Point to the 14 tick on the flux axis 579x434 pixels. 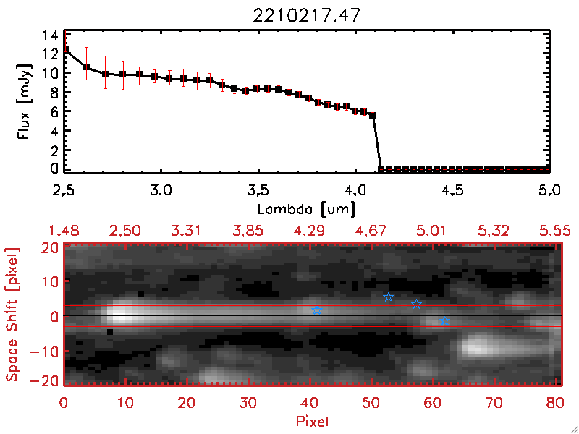[x=50, y=35]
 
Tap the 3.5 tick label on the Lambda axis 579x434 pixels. [x=258, y=192]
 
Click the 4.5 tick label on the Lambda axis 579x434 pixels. [x=452, y=192]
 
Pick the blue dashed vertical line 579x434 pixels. [x=426, y=101]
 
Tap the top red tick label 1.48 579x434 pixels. [x=64, y=230]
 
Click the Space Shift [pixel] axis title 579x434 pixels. [x=12, y=315]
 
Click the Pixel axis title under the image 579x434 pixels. [x=313, y=420]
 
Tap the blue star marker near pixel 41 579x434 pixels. [x=316, y=310]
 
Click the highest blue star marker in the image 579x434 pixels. [x=388, y=297]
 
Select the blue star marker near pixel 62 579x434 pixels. [x=445, y=321]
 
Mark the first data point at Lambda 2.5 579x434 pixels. [x=65, y=49]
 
